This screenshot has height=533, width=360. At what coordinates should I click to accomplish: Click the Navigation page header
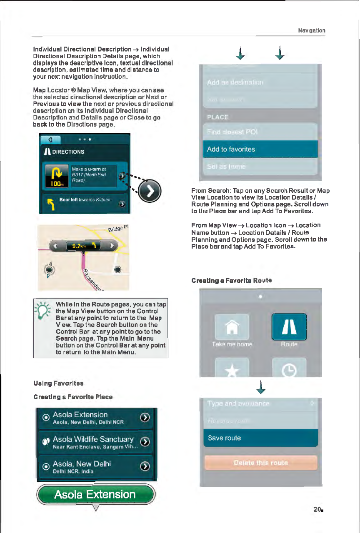point(312,30)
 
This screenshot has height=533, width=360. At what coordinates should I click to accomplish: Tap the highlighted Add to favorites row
point(260,149)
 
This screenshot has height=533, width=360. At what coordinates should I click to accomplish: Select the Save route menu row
point(261,438)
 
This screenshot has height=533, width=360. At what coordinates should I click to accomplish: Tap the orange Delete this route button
point(261,463)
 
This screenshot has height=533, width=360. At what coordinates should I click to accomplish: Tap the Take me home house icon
point(232,328)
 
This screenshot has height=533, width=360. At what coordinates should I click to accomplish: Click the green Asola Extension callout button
point(96,495)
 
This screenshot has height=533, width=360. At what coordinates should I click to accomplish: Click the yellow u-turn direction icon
point(55,176)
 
